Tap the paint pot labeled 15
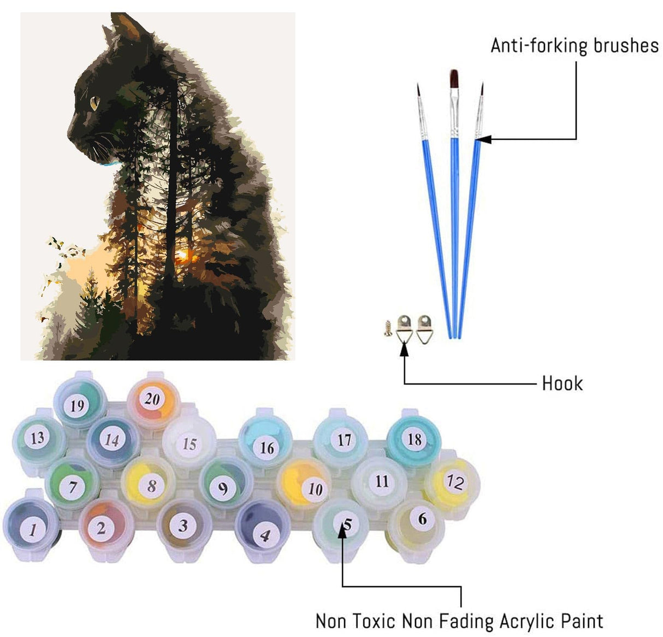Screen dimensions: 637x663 [x=189, y=443]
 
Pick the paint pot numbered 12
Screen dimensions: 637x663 [x=454, y=482]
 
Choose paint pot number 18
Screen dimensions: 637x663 [x=413, y=438]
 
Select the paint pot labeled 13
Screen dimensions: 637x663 [x=37, y=438]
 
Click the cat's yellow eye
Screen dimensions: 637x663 [x=93, y=102]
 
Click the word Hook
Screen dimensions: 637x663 [x=562, y=384]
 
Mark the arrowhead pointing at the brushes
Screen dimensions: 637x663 [x=484, y=139]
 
